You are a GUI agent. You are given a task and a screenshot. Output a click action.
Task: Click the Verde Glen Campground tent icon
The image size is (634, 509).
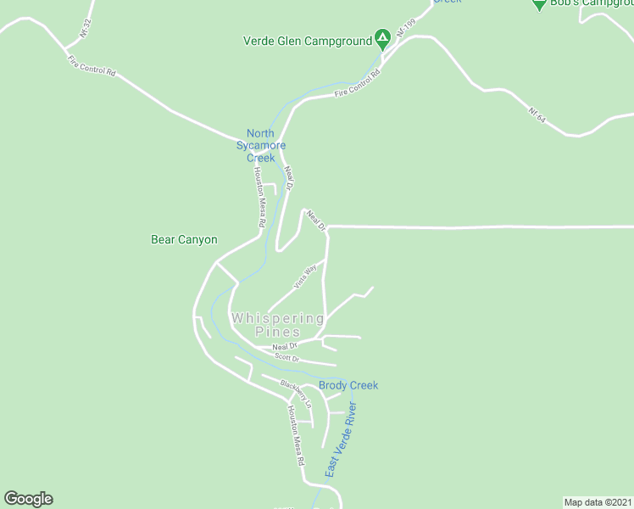(x=383, y=38)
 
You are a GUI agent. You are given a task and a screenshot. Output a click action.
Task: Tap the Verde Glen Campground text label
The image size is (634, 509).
(x=308, y=40)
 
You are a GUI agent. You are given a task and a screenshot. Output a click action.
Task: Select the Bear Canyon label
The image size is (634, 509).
(x=184, y=240)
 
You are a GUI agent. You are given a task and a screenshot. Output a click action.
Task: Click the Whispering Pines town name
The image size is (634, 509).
(x=278, y=325)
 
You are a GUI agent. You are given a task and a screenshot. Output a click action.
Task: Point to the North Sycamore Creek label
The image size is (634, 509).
(x=261, y=145)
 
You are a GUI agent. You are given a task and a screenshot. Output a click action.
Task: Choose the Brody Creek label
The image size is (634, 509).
(x=348, y=385)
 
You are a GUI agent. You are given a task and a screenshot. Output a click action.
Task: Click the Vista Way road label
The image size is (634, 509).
(x=305, y=277)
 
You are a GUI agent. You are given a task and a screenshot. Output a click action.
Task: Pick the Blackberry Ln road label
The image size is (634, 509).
(x=297, y=394)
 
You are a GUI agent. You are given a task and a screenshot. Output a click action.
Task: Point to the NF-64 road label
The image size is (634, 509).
(x=537, y=117)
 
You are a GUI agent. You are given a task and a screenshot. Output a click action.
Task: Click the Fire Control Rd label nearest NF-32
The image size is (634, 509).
(x=92, y=65)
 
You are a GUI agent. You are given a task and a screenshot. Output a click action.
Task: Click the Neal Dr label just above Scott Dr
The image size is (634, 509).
(x=285, y=346)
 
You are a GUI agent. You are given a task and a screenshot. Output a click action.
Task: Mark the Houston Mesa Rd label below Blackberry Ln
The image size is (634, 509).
(x=295, y=437)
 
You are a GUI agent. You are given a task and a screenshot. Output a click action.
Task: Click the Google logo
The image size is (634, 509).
(x=28, y=499)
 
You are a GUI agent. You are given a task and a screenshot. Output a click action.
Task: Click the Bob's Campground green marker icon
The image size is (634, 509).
(x=539, y=3)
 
